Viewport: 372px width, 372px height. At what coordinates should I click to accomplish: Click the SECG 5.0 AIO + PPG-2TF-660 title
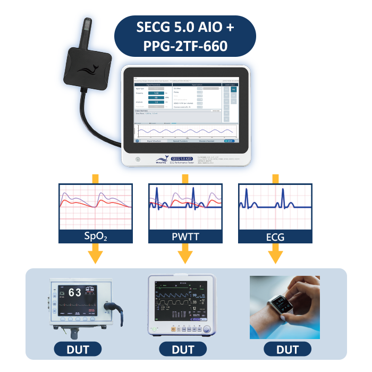[185, 36]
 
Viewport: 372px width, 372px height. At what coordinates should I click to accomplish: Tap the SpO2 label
[95, 236]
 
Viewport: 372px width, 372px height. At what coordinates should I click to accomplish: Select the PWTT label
[185, 236]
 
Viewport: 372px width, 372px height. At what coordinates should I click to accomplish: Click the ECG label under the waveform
[275, 236]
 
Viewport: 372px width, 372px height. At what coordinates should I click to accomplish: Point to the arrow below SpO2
[95, 254]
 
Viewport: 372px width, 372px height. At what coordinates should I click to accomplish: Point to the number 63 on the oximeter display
[74, 292]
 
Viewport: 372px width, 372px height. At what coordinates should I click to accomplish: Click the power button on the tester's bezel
[137, 158]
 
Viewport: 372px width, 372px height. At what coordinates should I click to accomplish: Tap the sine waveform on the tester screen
[184, 131]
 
